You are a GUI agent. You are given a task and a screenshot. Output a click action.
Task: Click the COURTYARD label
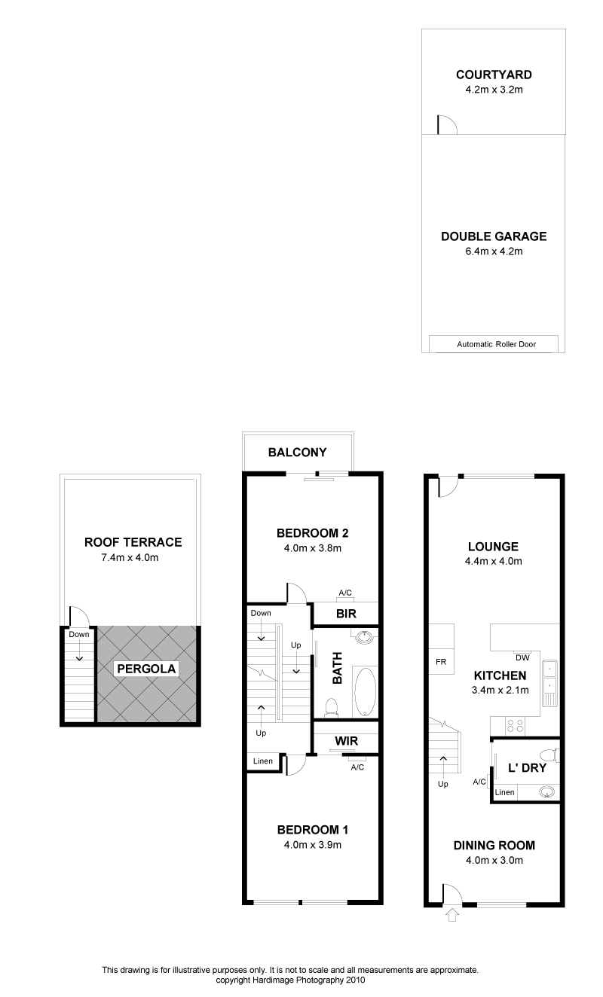tap(494, 75)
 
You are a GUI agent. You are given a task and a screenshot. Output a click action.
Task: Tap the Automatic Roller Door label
tap(496, 344)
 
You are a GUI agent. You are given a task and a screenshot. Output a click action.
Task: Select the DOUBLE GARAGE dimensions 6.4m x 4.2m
tap(494, 251)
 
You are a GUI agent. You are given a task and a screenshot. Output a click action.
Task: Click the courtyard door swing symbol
tap(447, 125)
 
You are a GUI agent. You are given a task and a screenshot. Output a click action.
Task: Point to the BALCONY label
tap(297, 453)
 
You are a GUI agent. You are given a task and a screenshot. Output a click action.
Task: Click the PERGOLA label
tap(146, 669)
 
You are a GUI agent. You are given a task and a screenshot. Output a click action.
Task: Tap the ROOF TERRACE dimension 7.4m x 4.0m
tap(130, 557)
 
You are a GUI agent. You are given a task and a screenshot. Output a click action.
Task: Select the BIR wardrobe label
tap(346, 614)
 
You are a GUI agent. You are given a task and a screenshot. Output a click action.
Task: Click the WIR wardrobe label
tap(346, 741)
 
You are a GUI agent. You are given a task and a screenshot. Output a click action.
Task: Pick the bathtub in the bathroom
tap(365, 692)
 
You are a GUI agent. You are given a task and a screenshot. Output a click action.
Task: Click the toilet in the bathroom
tap(331, 707)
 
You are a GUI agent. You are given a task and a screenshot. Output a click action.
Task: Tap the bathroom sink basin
tap(365, 637)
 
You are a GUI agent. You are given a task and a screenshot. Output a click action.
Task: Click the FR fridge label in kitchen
tap(441, 662)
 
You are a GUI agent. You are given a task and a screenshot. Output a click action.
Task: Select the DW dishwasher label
tap(522, 657)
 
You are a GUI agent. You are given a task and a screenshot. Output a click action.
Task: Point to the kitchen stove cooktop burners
tap(516, 726)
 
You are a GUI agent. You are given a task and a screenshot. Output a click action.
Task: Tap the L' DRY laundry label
tap(527, 768)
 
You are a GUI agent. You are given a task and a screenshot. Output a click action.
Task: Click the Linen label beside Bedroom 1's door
tap(263, 761)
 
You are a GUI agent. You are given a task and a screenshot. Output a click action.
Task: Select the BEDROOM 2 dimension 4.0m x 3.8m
tap(312, 548)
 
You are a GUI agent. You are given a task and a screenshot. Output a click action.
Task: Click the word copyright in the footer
tap(233, 980)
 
